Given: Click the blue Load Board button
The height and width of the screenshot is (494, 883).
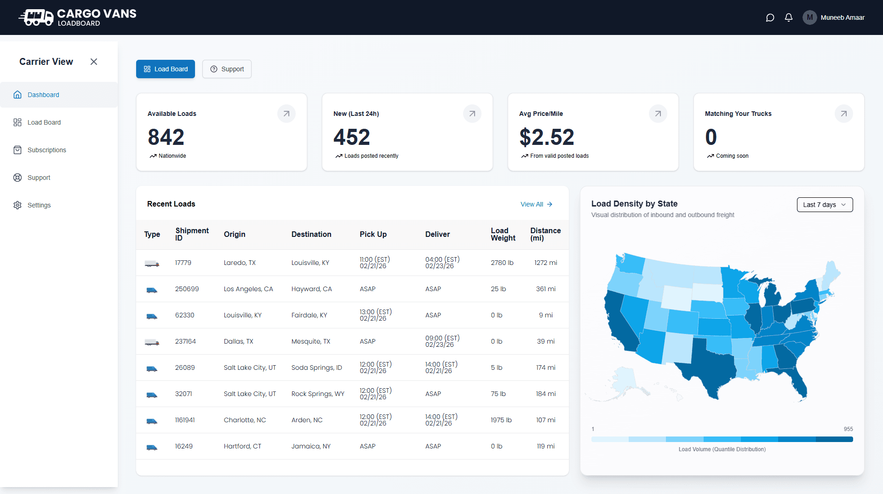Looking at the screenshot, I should coord(166,69).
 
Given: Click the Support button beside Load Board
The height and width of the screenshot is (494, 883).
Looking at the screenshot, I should coord(227,69).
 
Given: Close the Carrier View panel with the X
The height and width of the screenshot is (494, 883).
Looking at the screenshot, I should coord(94,62).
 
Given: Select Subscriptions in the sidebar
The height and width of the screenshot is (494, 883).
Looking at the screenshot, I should coord(46,150).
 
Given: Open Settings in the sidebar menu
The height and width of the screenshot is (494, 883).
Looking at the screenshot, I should coord(39,205).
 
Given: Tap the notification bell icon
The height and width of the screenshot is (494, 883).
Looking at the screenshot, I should coord(789,17).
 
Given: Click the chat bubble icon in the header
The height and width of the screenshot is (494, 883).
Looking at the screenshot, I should coord(770,17).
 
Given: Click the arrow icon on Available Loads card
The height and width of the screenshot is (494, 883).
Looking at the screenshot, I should coord(286,114).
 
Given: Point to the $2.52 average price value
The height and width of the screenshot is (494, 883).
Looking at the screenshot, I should coord(546,137).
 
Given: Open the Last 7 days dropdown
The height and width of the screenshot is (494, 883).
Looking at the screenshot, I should coord(825,205).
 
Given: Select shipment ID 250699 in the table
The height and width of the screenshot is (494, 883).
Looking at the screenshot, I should coord(187,289).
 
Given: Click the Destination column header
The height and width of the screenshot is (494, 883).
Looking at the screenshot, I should coord(311,234).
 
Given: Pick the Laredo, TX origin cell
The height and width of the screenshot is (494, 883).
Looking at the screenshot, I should coord(240,263).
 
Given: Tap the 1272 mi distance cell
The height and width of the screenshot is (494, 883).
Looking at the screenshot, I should coord(545,263).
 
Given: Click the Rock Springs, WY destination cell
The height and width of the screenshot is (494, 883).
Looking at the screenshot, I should coord(318,394).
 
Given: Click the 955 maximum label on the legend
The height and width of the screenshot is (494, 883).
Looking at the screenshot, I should coord(848,429).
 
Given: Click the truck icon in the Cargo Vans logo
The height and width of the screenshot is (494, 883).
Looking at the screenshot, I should coord(37,17).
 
